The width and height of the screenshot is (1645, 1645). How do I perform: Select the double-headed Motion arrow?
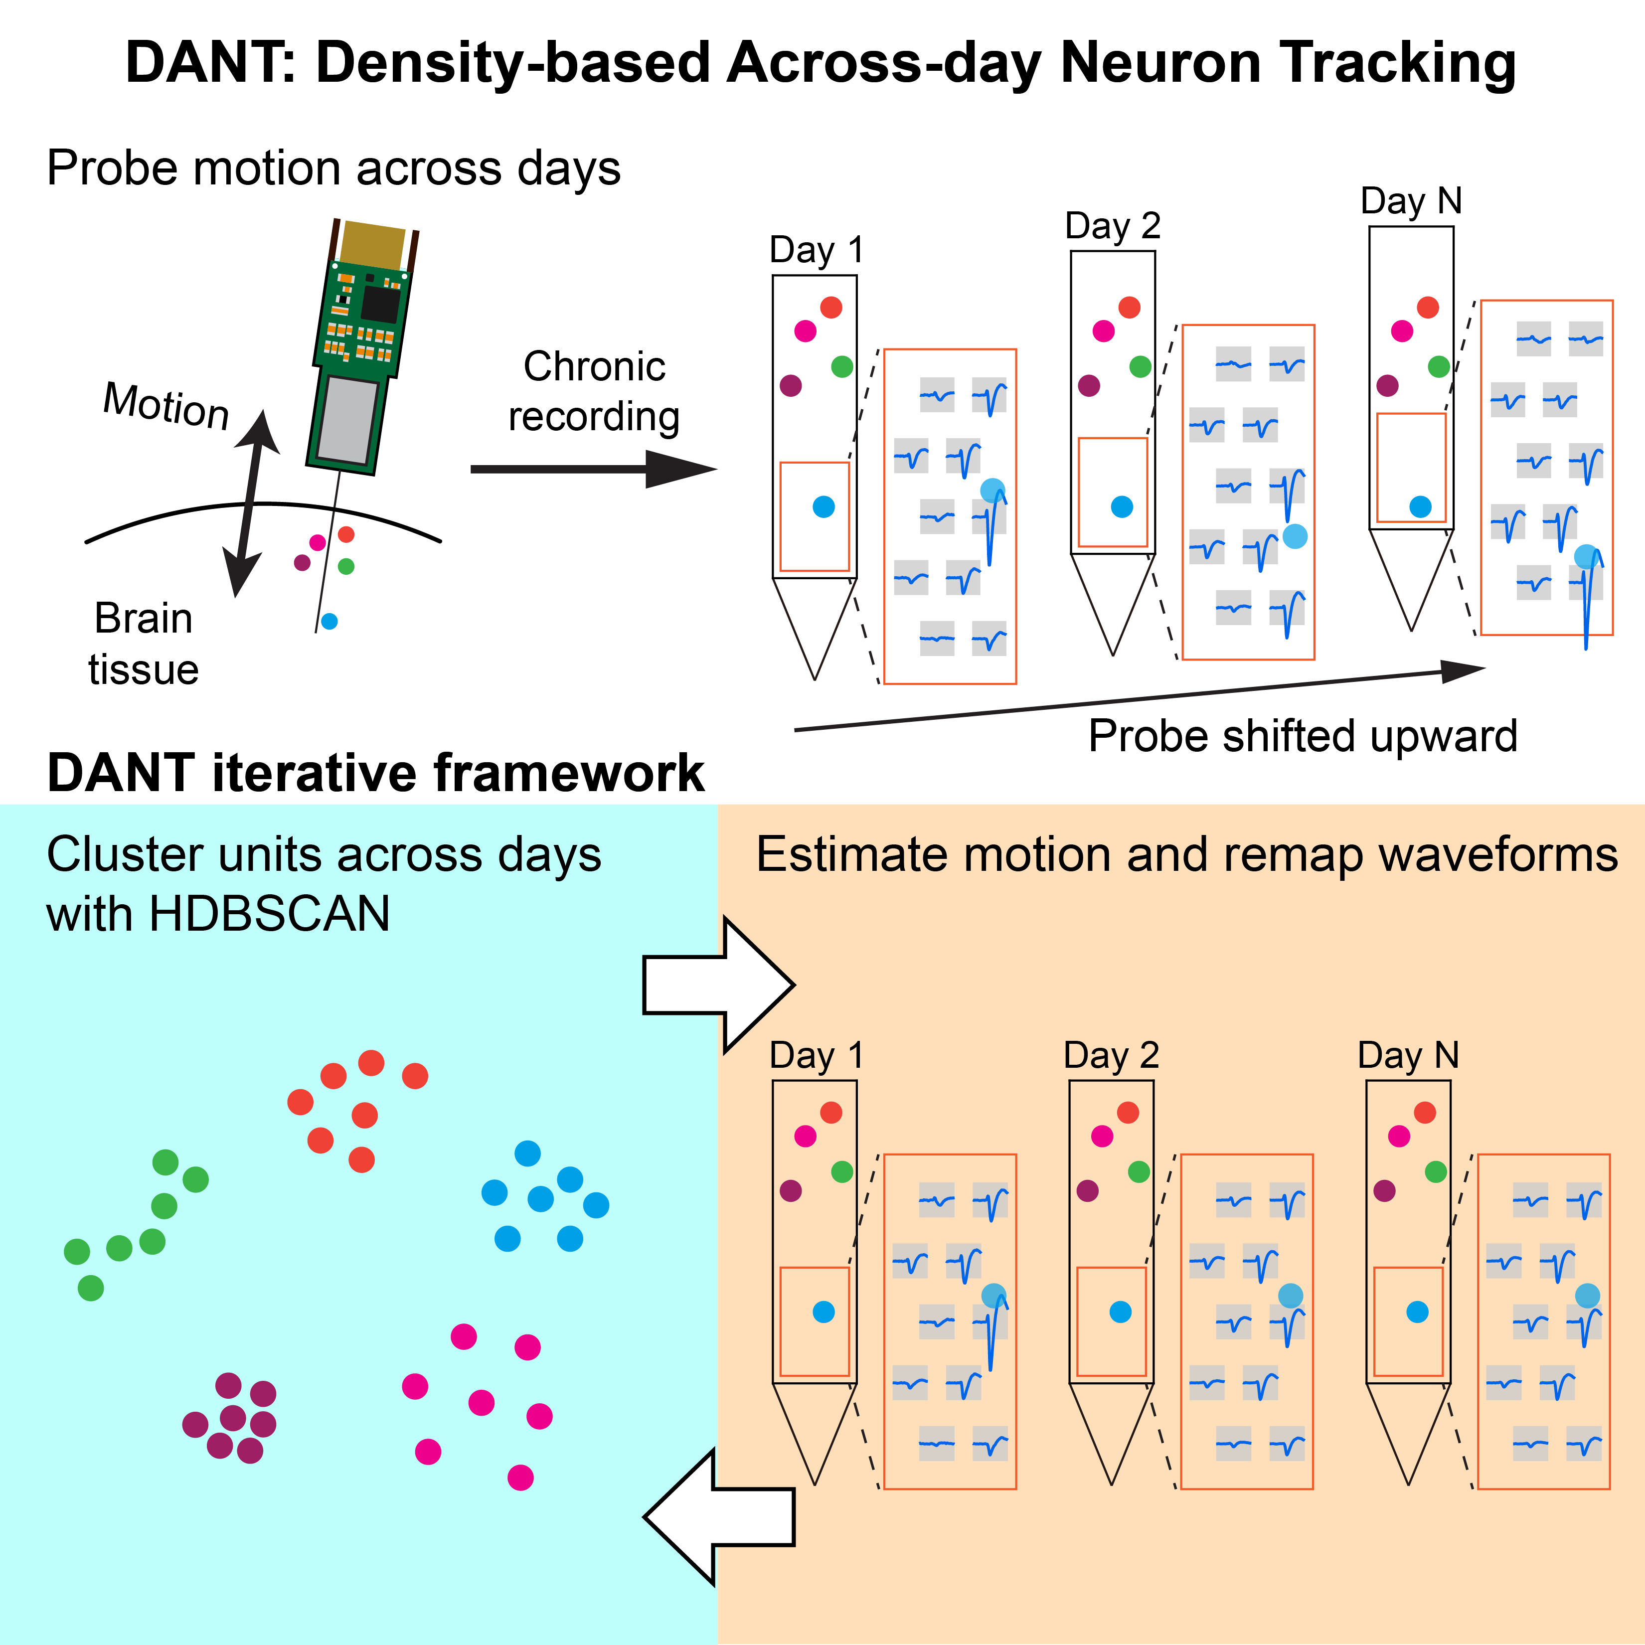point(251,503)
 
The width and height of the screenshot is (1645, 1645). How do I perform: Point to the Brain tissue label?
point(143,644)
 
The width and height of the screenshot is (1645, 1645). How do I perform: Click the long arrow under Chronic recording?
point(594,468)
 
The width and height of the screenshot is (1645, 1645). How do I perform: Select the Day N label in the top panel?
point(1411,201)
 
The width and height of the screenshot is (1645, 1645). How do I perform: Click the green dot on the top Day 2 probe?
point(1140,367)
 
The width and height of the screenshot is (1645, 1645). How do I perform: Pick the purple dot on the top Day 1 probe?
point(791,386)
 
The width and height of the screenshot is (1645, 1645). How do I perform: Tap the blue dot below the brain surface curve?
point(329,622)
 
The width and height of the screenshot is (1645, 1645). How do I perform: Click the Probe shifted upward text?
point(1303,736)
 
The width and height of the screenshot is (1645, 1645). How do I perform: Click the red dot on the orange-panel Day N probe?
point(1425,1112)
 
